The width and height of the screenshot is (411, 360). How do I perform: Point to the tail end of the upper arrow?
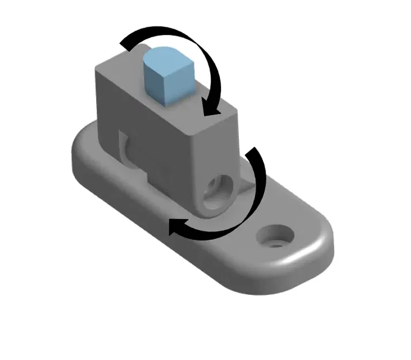pyautogui.click(x=125, y=42)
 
